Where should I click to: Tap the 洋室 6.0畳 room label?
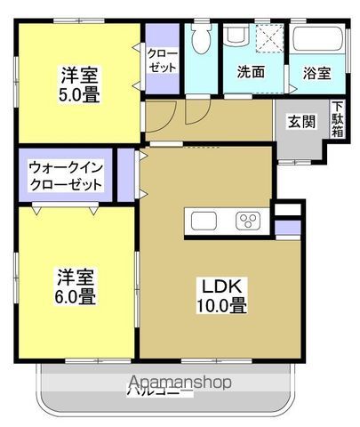pyautogui.click(x=76, y=286)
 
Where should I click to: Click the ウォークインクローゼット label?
pyautogui.click(x=64, y=176)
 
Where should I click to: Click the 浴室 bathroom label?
pyautogui.click(x=317, y=73)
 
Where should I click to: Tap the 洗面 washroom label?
pyautogui.click(x=251, y=72)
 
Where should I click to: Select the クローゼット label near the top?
pyautogui.click(x=162, y=60)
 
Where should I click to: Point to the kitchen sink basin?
pyautogui.click(x=201, y=221)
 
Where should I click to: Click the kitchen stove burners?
pyautogui.click(x=246, y=221)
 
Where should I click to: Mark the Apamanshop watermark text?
pyautogui.click(x=179, y=383)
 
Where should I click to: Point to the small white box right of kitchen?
pyautogui.click(x=288, y=210)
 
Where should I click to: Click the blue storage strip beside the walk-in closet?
pyautogui.click(x=124, y=176)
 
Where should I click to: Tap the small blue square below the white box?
pyautogui.click(x=288, y=229)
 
